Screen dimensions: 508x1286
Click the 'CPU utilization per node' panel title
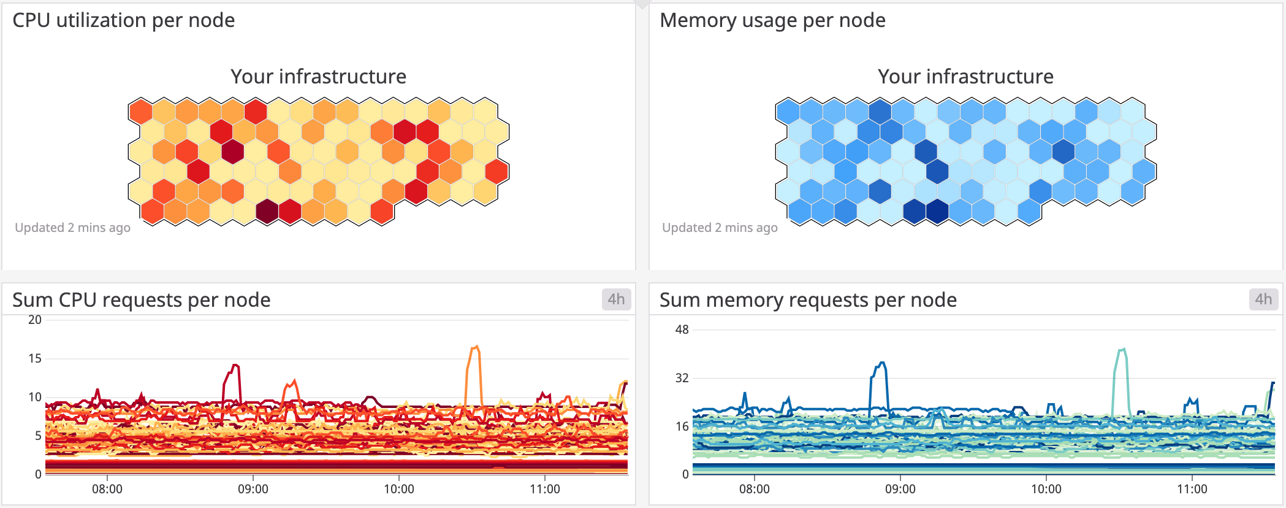(x=123, y=20)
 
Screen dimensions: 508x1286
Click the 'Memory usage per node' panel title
(x=772, y=20)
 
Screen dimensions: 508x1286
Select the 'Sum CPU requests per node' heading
(x=141, y=300)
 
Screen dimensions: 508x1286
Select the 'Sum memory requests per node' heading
(x=808, y=300)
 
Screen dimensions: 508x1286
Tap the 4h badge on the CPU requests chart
(x=616, y=299)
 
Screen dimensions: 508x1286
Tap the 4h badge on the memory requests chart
(x=1263, y=299)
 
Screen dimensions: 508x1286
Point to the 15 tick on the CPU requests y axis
(x=35, y=358)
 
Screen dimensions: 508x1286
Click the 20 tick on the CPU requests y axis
(x=35, y=320)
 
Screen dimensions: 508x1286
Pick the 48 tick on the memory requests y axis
(x=682, y=330)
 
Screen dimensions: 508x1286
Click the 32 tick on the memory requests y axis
(x=682, y=378)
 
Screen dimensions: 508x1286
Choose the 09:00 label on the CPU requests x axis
(x=253, y=489)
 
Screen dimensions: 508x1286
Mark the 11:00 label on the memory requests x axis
(x=1192, y=489)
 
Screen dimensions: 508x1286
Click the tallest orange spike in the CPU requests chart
(x=475, y=348)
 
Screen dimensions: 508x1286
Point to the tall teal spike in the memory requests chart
(x=1122, y=352)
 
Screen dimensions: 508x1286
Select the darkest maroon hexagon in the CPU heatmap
(x=267, y=211)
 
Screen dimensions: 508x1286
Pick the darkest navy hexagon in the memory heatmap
(x=937, y=211)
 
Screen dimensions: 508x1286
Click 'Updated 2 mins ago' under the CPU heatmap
(x=72, y=228)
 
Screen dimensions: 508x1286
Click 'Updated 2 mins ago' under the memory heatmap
(x=720, y=228)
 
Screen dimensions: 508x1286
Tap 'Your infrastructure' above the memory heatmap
(x=965, y=77)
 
